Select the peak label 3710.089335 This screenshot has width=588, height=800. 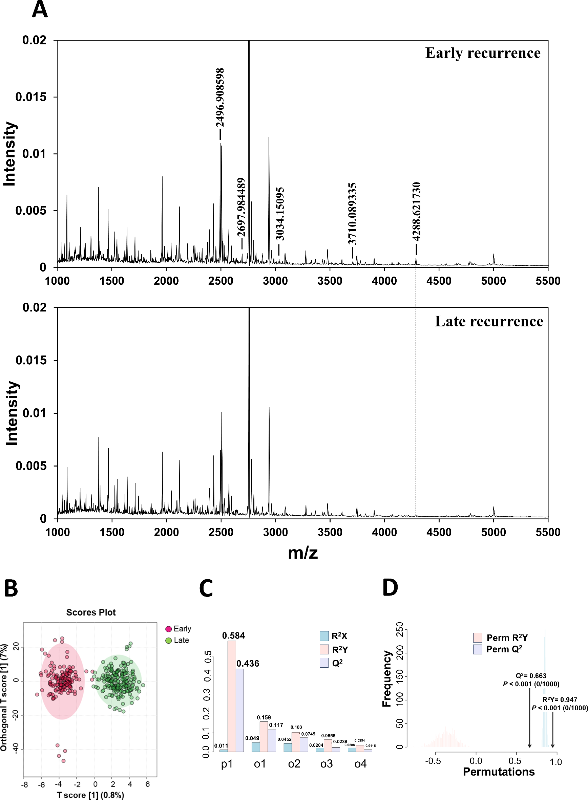click(352, 213)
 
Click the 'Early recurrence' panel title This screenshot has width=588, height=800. click(483, 53)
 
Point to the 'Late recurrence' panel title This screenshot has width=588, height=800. click(489, 321)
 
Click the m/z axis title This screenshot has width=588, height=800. click(302, 553)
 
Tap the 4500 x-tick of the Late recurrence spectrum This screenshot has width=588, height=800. click(439, 532)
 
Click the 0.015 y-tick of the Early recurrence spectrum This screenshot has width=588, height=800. click(30, 97)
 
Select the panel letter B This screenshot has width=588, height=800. click(11, 588)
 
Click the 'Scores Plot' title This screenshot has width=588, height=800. click(91, 612)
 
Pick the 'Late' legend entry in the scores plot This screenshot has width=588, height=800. click(181, 640)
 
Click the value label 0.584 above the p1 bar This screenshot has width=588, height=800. click(233, 635)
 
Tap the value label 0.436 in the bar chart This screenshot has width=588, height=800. click(248, 664)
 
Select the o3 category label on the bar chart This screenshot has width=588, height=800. click(327, 763)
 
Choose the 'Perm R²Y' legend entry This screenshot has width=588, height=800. click(507, 638)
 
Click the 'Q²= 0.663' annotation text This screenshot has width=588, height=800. click(531, 675)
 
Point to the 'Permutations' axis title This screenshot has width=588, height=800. click(499, 772)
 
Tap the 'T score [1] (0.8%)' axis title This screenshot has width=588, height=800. click(90, 795)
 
